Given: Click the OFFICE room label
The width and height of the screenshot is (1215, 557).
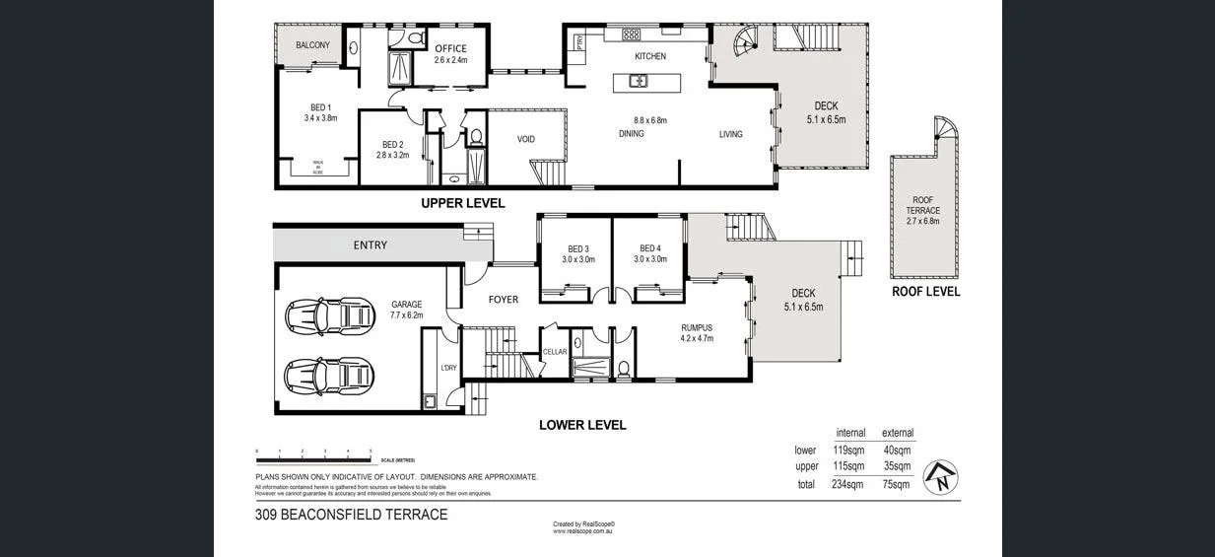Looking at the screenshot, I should [450, 48].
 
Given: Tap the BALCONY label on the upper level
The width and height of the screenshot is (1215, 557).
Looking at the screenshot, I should [312, 45].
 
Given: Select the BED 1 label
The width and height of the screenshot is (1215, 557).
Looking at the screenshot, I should [320, 107].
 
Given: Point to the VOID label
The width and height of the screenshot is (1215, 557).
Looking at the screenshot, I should [526, 139].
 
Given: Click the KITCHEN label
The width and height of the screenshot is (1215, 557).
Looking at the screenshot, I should [650, 56].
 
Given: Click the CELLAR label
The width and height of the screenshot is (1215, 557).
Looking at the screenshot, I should [555, 352].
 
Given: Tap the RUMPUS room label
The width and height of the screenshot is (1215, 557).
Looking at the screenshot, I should [696, 328].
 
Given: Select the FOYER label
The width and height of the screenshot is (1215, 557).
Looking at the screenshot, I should [503, 300].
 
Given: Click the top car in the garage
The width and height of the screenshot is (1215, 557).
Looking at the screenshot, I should [330, 315].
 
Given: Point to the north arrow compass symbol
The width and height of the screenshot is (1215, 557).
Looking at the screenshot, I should [941, 477].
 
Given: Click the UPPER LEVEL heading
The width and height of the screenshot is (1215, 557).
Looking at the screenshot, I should [462, 203].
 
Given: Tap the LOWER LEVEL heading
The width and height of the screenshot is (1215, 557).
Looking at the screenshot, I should [582, 425].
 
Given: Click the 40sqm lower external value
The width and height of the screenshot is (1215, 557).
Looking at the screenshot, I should [897, 450].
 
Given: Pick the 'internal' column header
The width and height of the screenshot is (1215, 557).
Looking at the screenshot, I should [849, 433].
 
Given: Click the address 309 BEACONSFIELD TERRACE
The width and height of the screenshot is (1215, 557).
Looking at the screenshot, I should [351, 515].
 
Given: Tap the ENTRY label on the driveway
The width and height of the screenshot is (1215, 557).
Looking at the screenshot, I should [370, 244].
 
